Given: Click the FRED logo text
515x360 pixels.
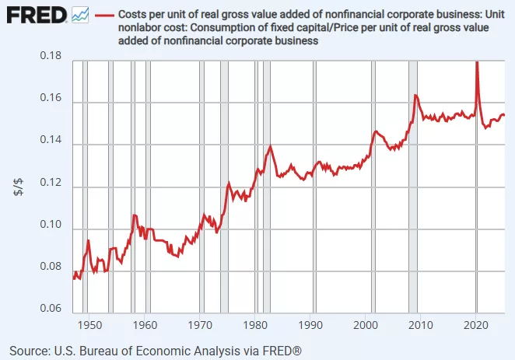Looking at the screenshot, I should [x=36, y=14].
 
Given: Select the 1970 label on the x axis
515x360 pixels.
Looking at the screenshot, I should [x=201, y=325].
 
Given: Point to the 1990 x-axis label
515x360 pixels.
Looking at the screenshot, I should [x=312, y=325].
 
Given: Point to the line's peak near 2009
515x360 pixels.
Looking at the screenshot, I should [x=415, y=95].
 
